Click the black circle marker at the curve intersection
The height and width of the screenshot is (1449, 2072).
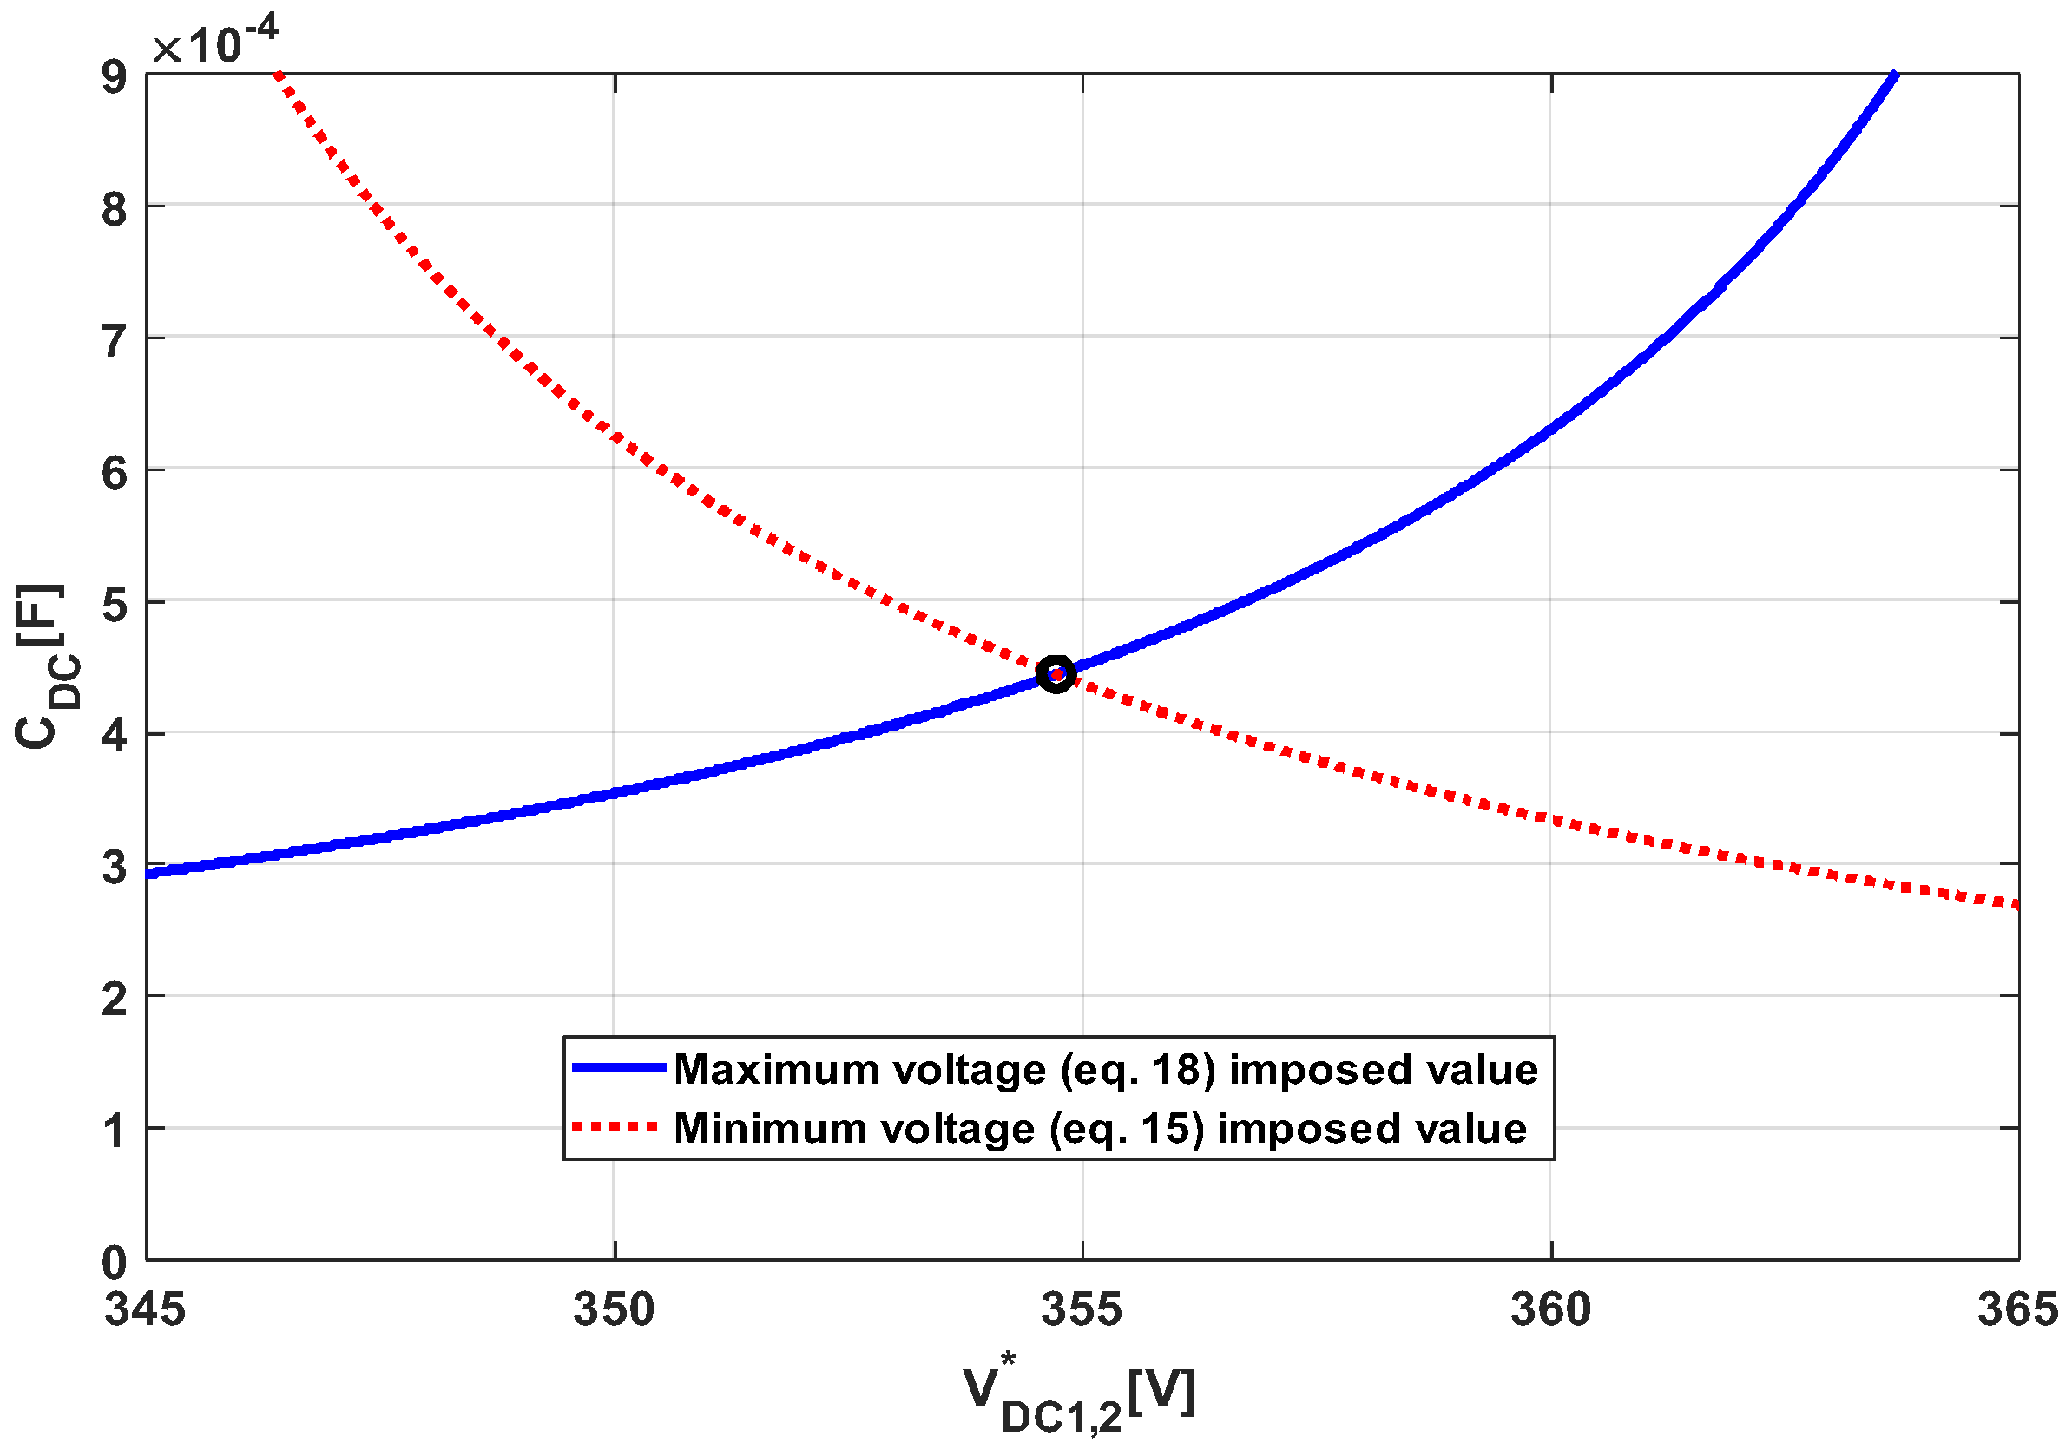tap(1056, 673)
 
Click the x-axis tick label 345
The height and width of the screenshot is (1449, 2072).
tap(144, 1310)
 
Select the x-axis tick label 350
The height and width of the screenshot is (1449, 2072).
tap(614, 1310)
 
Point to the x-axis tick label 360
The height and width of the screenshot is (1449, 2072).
tap(1550, 1310)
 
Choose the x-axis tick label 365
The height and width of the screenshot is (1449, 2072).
tap(2018, 1310)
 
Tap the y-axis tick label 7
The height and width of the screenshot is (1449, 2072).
tap(115, 342)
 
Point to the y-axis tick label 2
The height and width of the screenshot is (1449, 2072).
tap(115, 1000)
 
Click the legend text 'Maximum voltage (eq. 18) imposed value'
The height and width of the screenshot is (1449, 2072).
tap(1106, 1069)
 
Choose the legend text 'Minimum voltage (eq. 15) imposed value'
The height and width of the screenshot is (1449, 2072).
tap(1100, 1129)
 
